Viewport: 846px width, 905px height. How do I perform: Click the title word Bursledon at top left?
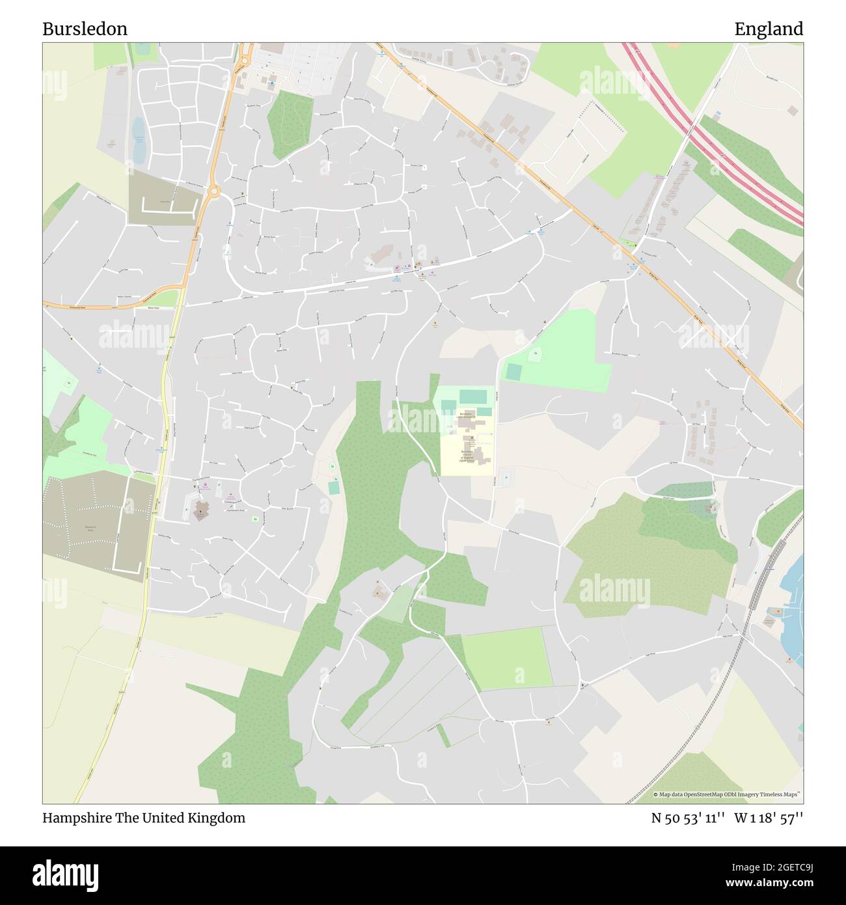coord(85,29)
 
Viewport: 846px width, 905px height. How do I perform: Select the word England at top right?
coord(769,29)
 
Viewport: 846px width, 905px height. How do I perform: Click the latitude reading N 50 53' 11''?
coord(689,818)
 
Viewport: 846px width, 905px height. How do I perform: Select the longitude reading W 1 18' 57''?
coord(769,818)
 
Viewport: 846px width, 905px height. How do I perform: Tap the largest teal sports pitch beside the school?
coord(473,395)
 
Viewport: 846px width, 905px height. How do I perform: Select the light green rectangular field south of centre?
coord(506,658)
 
